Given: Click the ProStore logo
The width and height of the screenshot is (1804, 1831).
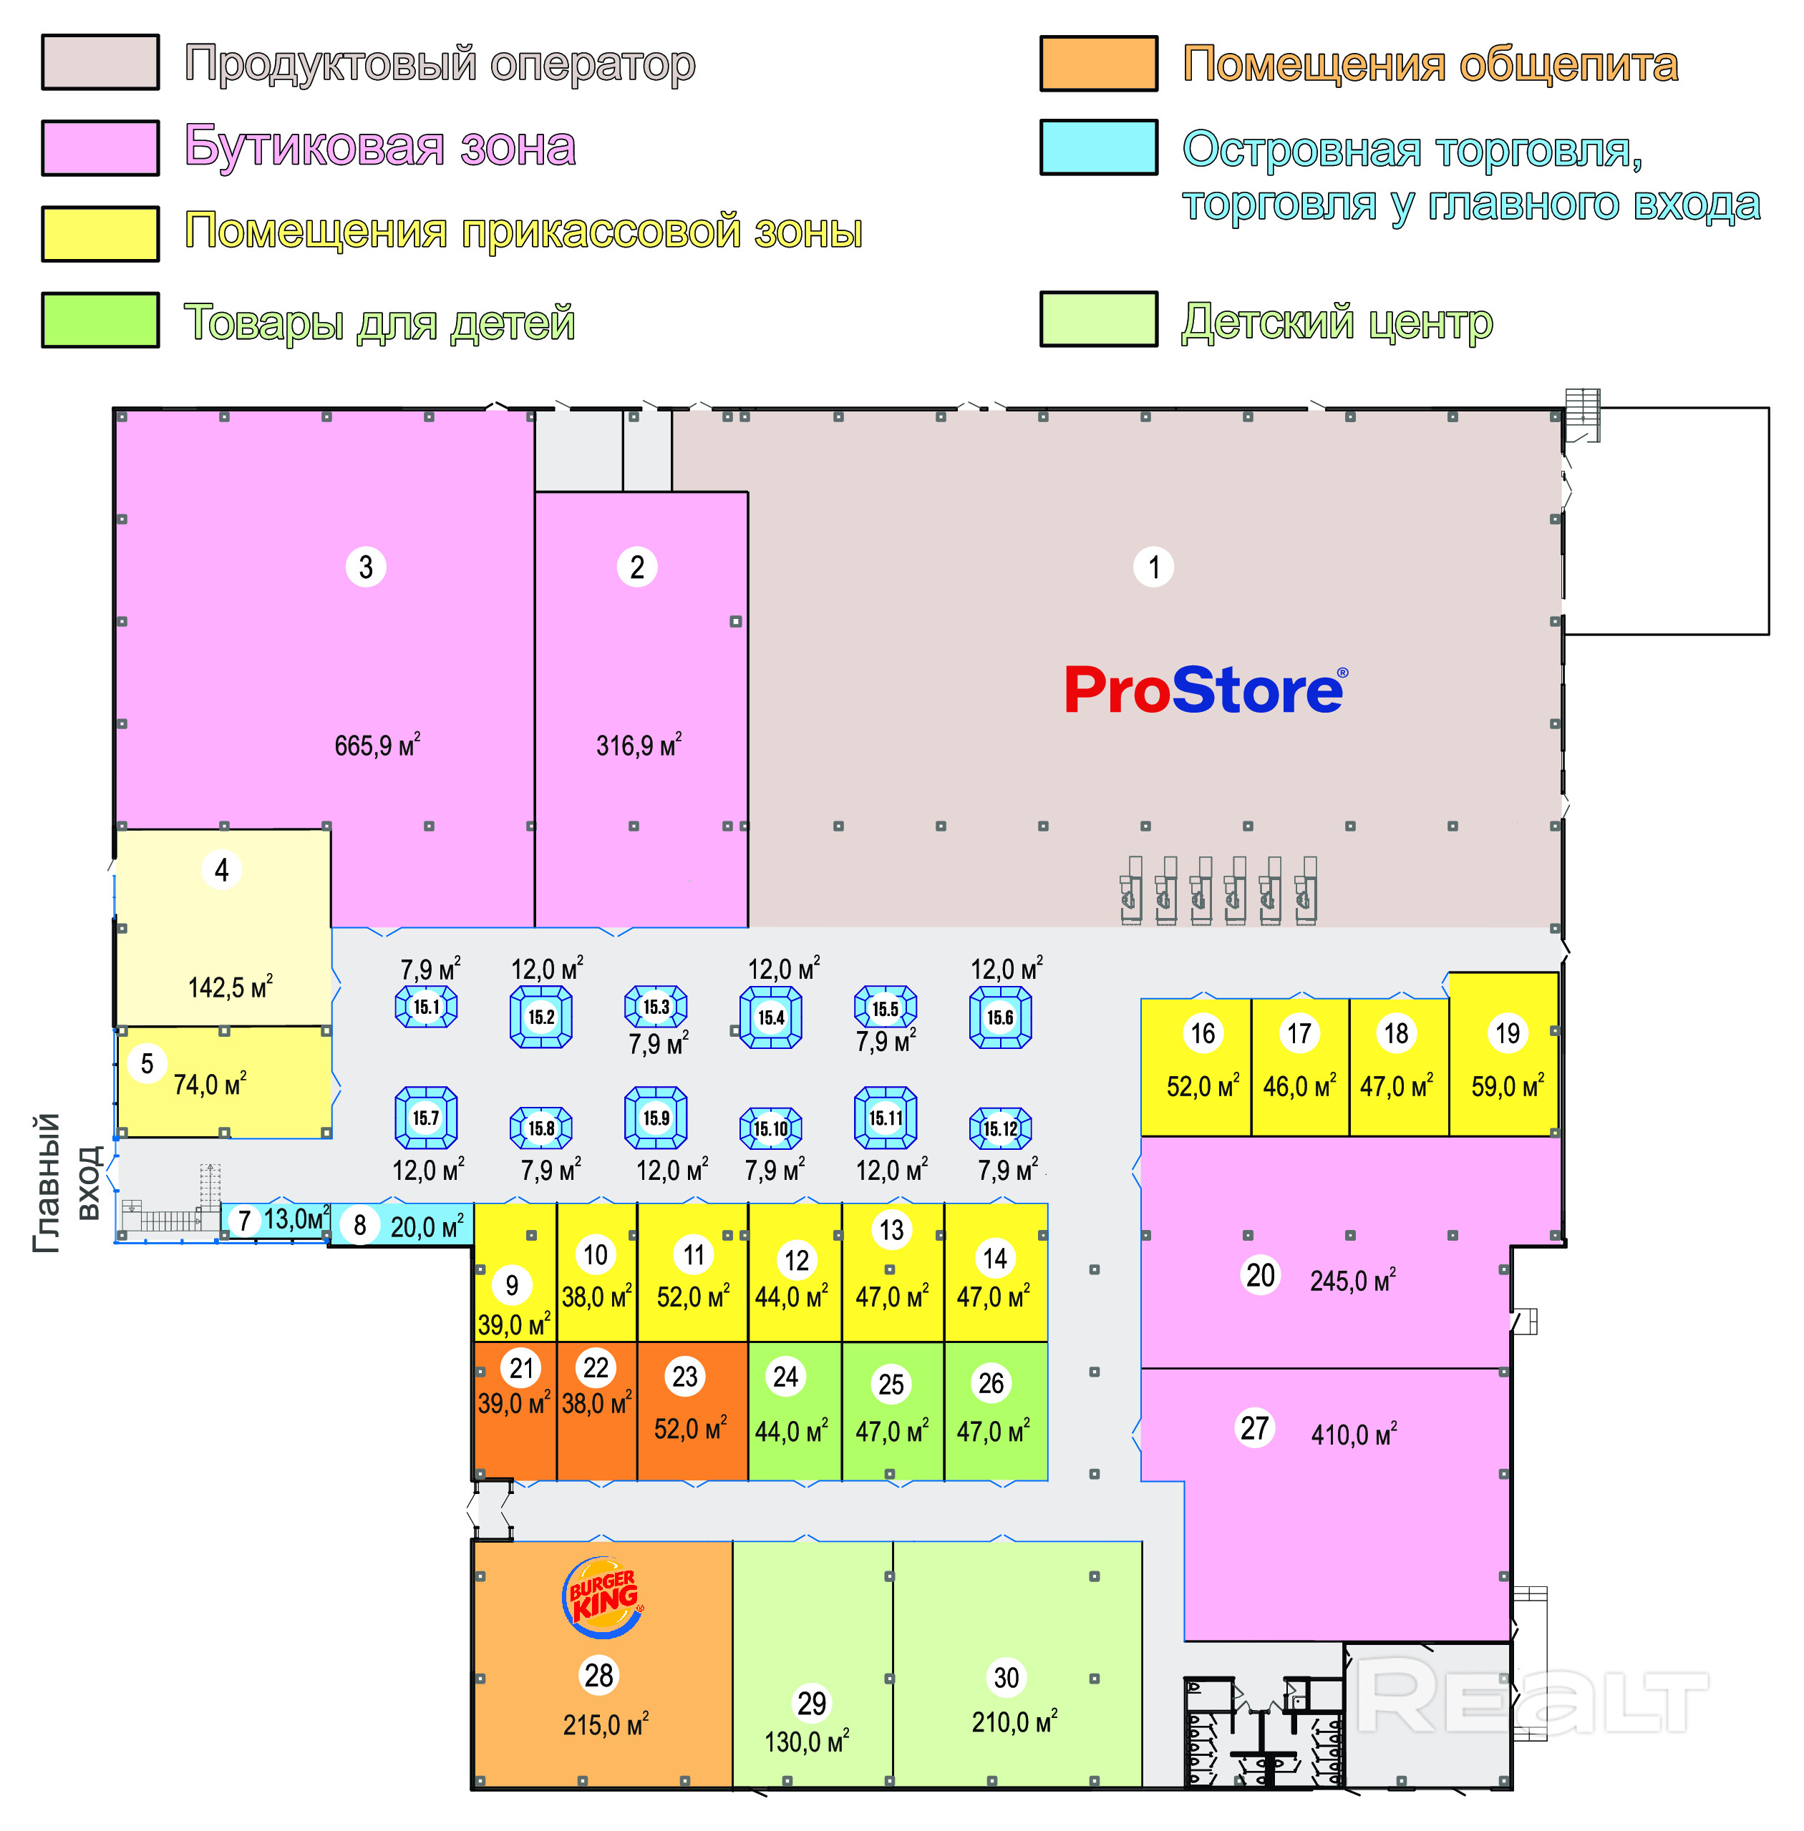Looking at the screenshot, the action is point(1204,690).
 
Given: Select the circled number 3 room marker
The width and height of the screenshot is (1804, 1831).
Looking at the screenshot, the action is point(366,567).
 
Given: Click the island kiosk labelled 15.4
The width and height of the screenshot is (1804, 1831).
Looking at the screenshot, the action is point(770,1017).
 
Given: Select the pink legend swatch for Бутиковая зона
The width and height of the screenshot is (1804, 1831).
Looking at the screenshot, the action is point(100,148).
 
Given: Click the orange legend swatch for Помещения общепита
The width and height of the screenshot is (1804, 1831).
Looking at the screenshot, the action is point(1098,64).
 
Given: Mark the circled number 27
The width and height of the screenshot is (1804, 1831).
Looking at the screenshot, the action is point(1254,1427).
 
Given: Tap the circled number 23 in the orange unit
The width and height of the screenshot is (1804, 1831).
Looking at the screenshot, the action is point(684,1377).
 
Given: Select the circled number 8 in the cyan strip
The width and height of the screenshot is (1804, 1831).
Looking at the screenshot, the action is point(360,1225).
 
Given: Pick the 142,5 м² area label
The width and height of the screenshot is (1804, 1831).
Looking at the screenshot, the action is point(231,987).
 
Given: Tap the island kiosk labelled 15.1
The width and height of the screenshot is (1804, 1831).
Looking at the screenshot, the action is point(427,1006).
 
